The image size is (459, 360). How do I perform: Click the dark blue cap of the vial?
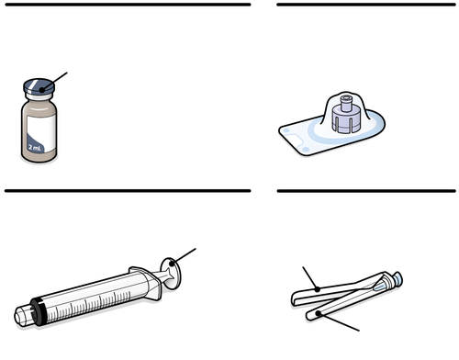(39, 86)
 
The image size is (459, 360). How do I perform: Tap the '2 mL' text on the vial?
(34, 147)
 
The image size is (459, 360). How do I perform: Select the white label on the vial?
(41, 133)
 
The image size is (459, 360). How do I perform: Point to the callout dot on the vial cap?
(42, 90)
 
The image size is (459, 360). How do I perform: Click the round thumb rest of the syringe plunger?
(171, 274)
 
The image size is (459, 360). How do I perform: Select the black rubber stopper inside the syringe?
(39, 311)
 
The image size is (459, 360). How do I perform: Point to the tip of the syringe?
(22, 317)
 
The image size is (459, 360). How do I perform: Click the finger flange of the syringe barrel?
(148, 283)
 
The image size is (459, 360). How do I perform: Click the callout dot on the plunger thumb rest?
(172, 263)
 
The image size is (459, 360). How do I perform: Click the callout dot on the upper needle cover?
(318, 289)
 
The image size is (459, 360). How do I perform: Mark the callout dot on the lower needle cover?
(319, 313)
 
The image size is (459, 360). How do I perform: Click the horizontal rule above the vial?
(128, 5)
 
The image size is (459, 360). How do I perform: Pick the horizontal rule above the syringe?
(128, 191)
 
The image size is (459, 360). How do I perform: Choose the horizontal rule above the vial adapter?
(366, 5)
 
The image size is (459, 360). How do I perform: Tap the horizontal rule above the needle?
(366, 191)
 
